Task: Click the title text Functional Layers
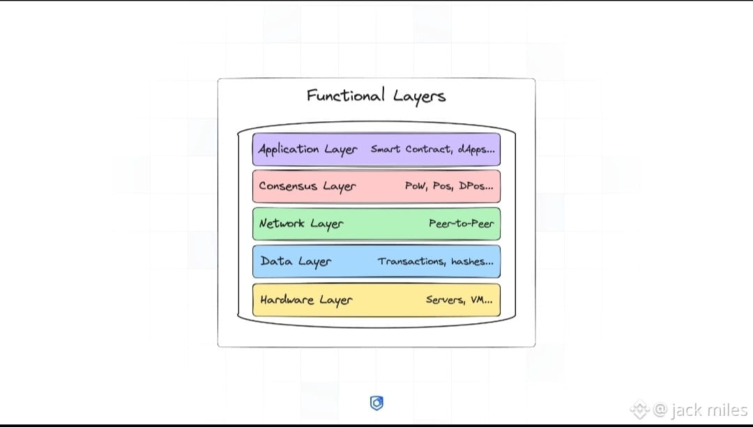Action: click(x=376, y=96)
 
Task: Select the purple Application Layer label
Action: click(x=307, y=149)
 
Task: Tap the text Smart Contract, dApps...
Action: click(x=432, y=149)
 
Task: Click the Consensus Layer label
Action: click(x=307, y=186)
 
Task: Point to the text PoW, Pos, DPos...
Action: click(x=449, y=186)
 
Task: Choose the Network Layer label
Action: click(x=301, y=224)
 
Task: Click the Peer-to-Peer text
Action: click(x=461, y=224)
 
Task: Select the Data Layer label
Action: click(x=296, y=262)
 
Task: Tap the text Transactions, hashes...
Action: click(x=436, y=262)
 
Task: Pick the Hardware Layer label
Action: click(x=306, y=300)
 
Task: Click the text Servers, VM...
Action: click(x=459, y=300)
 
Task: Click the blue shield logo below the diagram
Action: click(x=376, y=403)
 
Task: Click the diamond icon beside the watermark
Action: click(x=639, y=410)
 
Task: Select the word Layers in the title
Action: click(x=419, y=97)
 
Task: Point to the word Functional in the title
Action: click(x=346, y=95)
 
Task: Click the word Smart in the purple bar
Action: click(x=386, y=149)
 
